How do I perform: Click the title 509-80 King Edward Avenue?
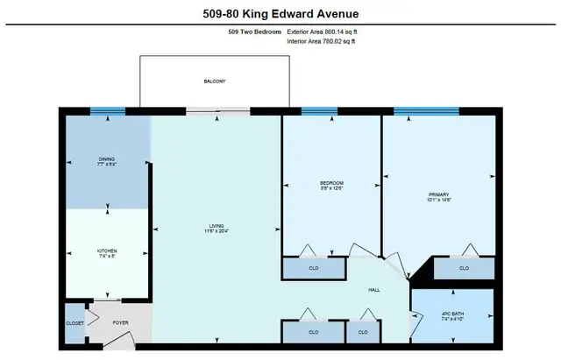pyautogui.click(x=280, y=13)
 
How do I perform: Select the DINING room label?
pyautogui.click(x=107, y=159)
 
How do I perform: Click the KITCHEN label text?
pyautogui.click(x=107, y=251)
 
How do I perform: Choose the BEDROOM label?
pyautogui.click(x=331, y=182)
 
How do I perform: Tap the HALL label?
pyautogui.click(x=374, y=288)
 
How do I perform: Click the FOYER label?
pyautogui.click(x=120, y=322)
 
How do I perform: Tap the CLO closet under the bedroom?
pyautogui.click(x=314, y=268)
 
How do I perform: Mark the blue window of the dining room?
pyautogui.click(x=107, y=111)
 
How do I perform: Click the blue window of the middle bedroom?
pyautogui.click(x=319, y=111)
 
